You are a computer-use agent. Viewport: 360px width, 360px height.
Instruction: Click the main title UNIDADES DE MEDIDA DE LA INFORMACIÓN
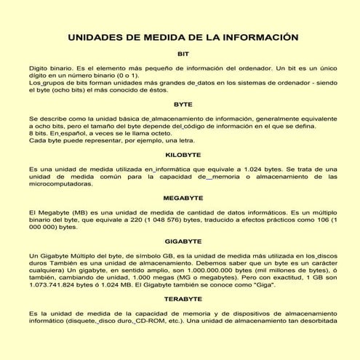click(183, 36)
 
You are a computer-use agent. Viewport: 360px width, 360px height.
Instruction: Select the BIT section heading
click(183, 54)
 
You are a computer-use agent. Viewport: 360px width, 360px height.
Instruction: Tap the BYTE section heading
click(183, 104)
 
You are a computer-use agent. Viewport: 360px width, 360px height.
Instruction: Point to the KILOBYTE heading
click(183, 155)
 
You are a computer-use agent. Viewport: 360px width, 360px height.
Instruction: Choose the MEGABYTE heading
click(183, 197)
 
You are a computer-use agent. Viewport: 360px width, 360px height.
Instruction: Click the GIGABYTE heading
click(183, 240)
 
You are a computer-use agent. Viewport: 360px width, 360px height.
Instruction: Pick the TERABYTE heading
click(183, 299)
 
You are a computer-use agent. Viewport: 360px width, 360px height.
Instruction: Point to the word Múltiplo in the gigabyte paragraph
click(84, 255)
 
